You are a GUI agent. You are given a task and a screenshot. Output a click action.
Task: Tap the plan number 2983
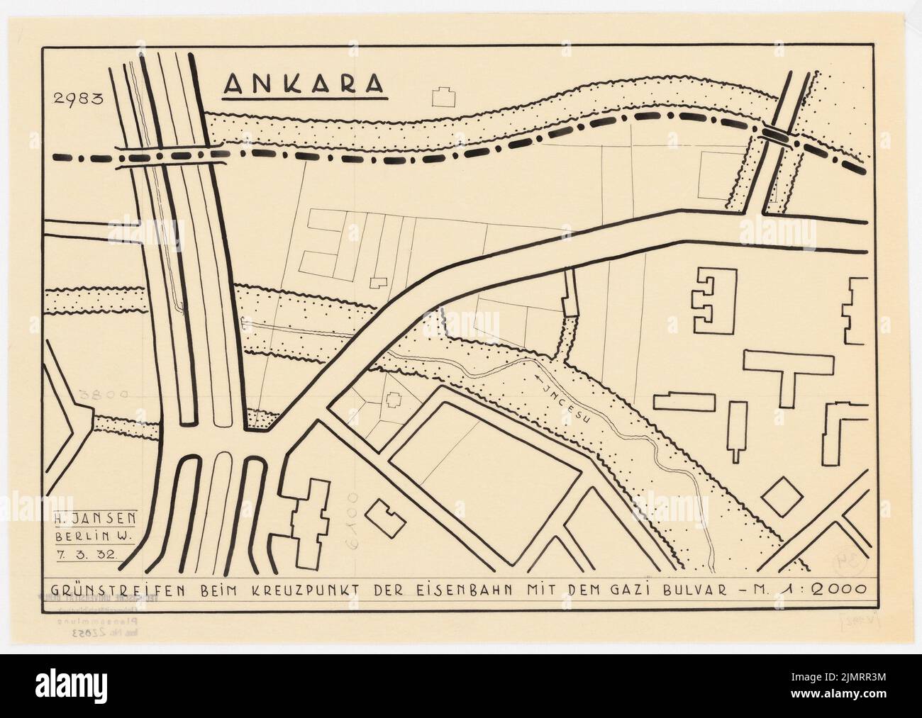point(74,99)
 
